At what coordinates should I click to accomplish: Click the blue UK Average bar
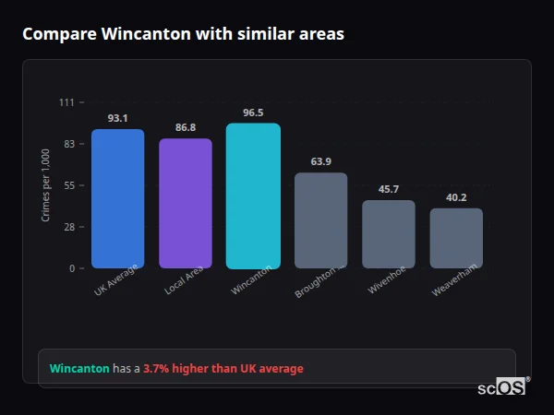117,198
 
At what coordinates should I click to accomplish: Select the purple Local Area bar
186,203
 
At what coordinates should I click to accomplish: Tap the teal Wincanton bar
253,196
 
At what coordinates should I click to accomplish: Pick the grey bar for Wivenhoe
389,234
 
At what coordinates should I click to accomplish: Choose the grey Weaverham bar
456,238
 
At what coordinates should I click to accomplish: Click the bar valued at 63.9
320,220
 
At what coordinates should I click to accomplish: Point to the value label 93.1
117,118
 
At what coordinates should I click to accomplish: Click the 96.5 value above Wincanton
253,113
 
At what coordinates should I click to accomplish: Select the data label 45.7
389,189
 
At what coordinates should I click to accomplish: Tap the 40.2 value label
456,197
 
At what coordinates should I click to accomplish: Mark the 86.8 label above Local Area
186,127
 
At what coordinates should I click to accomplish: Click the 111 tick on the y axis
66,102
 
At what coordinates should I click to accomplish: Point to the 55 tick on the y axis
68,185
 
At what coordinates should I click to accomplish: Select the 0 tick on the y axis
71,268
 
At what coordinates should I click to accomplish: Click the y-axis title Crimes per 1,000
46,184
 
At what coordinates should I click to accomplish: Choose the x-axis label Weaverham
454,283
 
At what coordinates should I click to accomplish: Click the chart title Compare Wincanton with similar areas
183,34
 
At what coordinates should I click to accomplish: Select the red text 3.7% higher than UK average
223,369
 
